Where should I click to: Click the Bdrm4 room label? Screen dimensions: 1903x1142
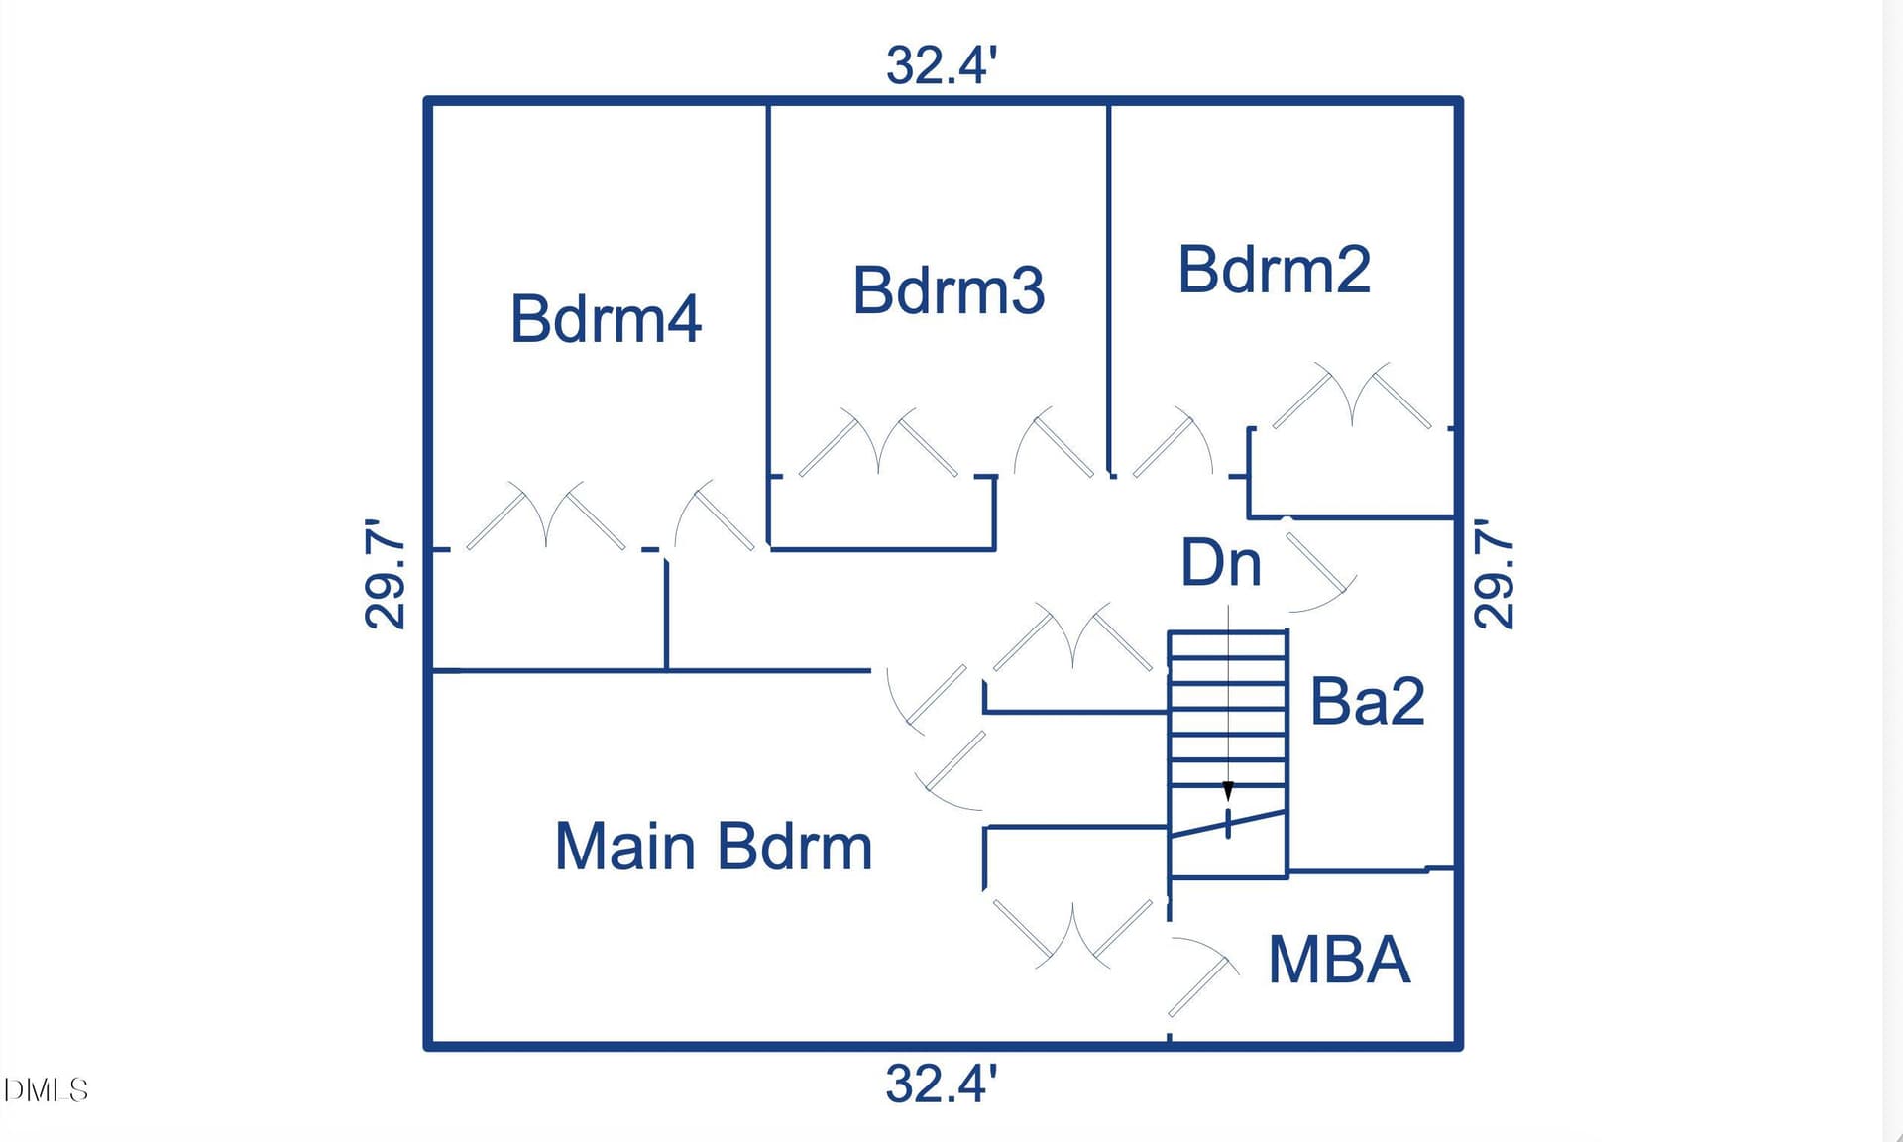point(606,318)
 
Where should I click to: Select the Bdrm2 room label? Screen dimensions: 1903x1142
point(1274,269)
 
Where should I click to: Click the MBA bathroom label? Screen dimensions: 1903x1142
point(1339,959)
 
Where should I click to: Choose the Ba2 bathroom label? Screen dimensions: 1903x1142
point(1367,701)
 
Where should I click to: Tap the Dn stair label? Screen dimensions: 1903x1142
point(1220,562)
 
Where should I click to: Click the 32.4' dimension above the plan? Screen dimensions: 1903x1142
point(941,65)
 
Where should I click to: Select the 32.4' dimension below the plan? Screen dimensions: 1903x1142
point(941,1084)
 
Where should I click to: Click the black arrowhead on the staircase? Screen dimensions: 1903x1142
point(1228,791)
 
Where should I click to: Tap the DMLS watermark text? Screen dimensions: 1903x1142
point(46,1090)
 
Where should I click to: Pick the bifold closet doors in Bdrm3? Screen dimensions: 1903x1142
point(878,442)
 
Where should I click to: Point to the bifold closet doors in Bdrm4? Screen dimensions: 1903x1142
point(546,515)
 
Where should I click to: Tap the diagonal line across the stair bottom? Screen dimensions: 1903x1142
point(1228,824)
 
